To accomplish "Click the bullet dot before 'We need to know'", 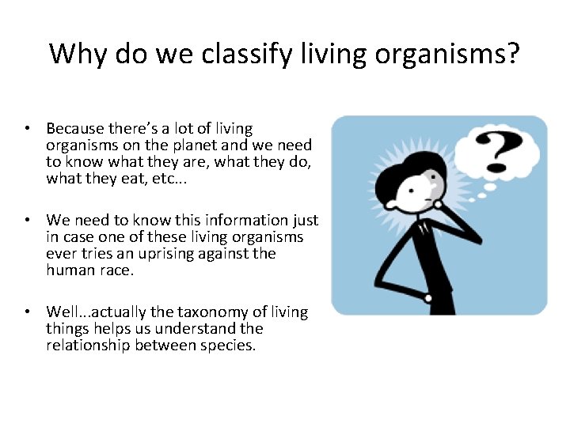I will (x=27, y=220).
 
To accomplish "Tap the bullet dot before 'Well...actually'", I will (x=27, y=312).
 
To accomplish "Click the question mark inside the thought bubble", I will (x=496, y=151).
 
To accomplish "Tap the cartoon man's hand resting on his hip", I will (x=427, y=298).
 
